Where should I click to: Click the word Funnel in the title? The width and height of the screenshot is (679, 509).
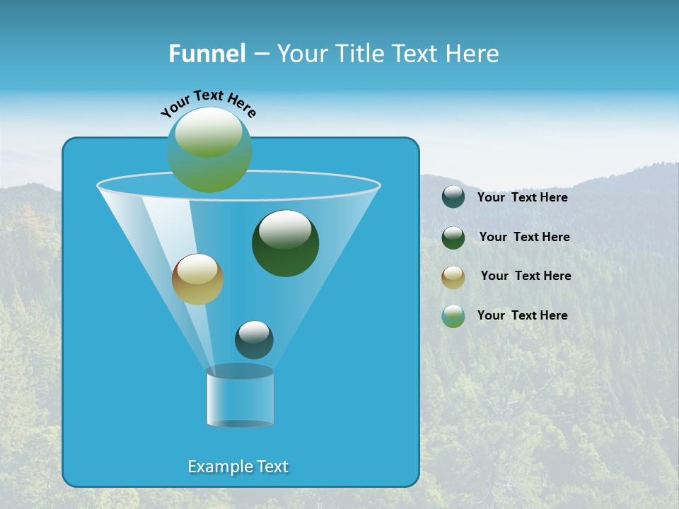(x=207, y=53)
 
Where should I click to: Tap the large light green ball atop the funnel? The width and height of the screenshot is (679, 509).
(x=209, y=150)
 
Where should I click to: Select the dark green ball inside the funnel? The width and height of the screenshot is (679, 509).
(x=286, y=244)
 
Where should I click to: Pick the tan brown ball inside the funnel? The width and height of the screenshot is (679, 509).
(x=197, y=280)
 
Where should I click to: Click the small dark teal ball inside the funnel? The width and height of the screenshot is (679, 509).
(x=254, y=340)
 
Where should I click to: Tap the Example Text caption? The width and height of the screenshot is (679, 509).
(x=238, y=467)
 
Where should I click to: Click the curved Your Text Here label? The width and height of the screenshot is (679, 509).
(x=208, y=103)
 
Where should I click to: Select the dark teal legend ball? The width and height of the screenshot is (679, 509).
(x=453, y=197)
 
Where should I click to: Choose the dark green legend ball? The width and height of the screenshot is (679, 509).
(x=453, y=238)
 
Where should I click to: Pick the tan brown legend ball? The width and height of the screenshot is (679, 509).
(x=453, y=277)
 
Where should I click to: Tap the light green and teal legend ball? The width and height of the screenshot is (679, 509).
(x=453, y=316)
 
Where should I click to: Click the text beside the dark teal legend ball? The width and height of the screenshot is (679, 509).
(x=523, y=198)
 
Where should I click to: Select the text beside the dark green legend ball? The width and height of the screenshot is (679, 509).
(x=524, y=238)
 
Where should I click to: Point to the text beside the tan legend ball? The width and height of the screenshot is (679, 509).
(x=526, y=276)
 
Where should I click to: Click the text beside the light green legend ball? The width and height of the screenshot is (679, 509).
(x=523, y=315)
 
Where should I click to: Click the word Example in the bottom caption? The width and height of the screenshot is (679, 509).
(x=218, y=467)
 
